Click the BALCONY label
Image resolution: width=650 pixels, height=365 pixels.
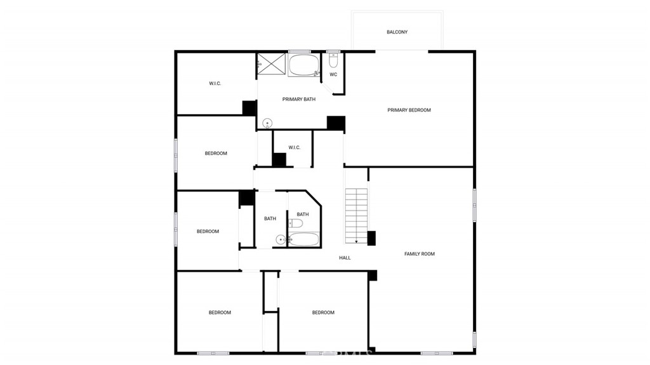pyautogui.click(x=397, y=32)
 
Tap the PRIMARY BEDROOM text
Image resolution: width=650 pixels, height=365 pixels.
pyautogui.click(x=409, y=110)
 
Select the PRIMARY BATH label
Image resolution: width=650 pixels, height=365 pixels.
pyautogui.click(x=298, y=99)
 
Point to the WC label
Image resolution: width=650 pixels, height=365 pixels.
pyautogui.click(x=333, y=75)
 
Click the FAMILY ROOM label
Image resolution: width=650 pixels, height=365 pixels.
pyautogui.click(x=420, y=254)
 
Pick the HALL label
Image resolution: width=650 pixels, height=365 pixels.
pyautogui.click(x=345, y=258)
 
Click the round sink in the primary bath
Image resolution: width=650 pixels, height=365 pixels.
pyautogui.click(x=267, y=123)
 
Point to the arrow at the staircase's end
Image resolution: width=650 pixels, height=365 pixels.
pyautogui.click(x=357, y=241)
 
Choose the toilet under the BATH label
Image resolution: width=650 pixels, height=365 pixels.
pyautogui.click(x=295, y=223)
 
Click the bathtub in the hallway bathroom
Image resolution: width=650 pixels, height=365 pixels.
pyautogui.click(x=304, y=239)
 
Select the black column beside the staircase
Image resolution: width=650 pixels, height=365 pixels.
pyautogui.click(x=372, y=238)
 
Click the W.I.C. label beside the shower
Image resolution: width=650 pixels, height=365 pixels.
pyautogui.click(x=215, y=84)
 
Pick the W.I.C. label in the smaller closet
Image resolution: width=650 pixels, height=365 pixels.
pyautogui.click(x=294, y=148)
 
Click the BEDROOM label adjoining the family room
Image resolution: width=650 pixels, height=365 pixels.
pyautogui.click(x=323, y=312)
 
